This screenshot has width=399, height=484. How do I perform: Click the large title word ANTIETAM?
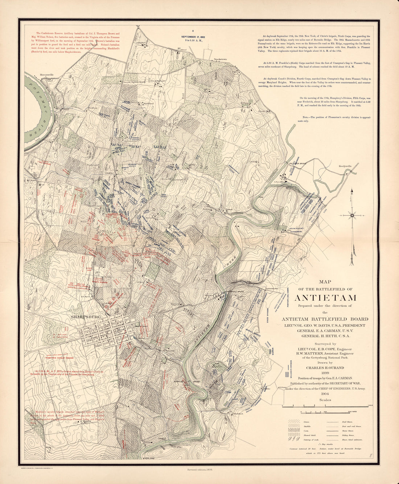coord(325,298)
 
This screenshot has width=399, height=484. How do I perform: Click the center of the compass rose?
coord(352,215)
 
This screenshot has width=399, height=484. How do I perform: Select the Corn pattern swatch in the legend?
coord(293,431)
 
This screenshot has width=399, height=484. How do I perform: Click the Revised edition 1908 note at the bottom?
coord(199,469)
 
